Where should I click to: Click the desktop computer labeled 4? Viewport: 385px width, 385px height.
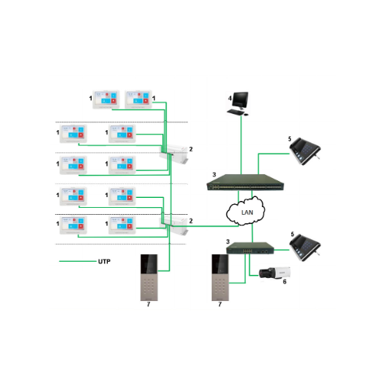[239, 102]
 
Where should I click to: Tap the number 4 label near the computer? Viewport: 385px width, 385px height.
[229, 98]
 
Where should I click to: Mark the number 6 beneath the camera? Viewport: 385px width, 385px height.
[284, 283]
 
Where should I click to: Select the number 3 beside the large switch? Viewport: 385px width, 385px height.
[213, 176]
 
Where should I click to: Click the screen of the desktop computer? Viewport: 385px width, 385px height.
[239, 99]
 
